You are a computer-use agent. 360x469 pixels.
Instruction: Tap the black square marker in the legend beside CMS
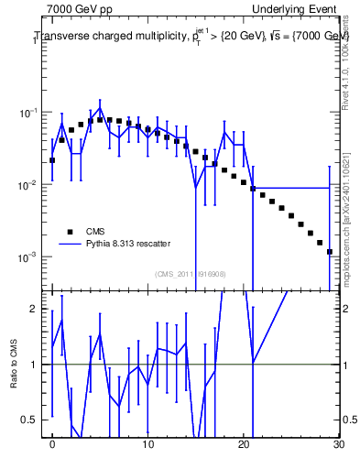[x=69, y=231]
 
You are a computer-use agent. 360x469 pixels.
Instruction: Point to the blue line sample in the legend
[x=69, y=244]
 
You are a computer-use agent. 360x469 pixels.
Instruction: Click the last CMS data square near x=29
[x=329, y=251]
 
